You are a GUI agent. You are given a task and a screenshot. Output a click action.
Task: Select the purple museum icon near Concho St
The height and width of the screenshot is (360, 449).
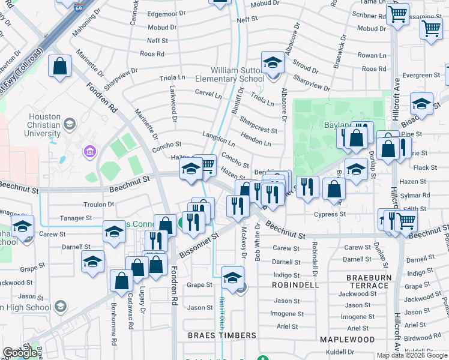[x=89, y=150]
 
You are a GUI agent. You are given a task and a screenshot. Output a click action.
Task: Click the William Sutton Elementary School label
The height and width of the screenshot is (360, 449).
[x=237, y=74]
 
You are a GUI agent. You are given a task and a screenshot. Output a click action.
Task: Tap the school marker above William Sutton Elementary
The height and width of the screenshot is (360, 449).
[x=272, y=63]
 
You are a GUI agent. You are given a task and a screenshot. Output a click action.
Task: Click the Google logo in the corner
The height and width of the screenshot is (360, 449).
[x=20, y=353]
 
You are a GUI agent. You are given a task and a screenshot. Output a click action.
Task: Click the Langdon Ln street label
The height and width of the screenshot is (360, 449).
[x=219, y=139]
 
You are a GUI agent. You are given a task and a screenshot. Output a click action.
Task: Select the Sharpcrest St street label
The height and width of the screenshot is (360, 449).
[x=259, y=124]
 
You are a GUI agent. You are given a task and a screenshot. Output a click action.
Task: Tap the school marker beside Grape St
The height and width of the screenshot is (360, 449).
[x=232, y=277]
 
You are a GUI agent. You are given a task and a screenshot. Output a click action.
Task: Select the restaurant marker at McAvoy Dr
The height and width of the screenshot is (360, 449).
[x=238, y=206]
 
